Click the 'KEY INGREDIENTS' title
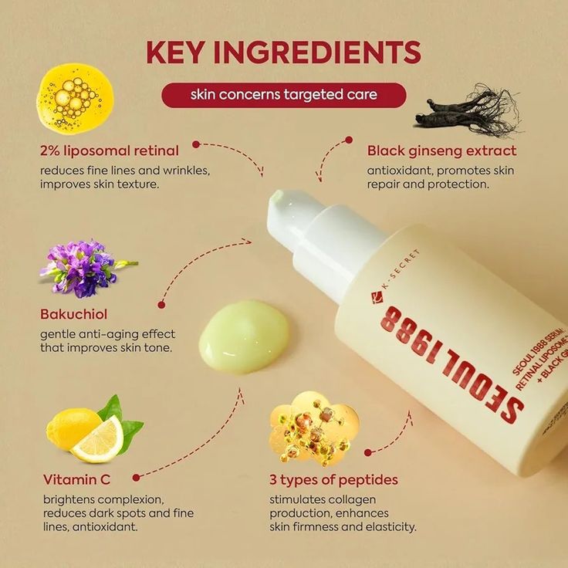point(283,52)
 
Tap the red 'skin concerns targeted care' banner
point(283,95)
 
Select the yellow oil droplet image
point(76,96)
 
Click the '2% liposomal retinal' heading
point(110,150)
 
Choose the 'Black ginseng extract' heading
point(441,150)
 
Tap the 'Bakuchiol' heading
point(73,314)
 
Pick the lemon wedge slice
point(98,440)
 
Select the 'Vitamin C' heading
point(76,479)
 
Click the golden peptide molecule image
point(313,427)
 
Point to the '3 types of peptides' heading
point(333,479)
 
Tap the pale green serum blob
point(244,336)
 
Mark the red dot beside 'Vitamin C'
point(137,478)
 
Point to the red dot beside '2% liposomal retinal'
point(196,144)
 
